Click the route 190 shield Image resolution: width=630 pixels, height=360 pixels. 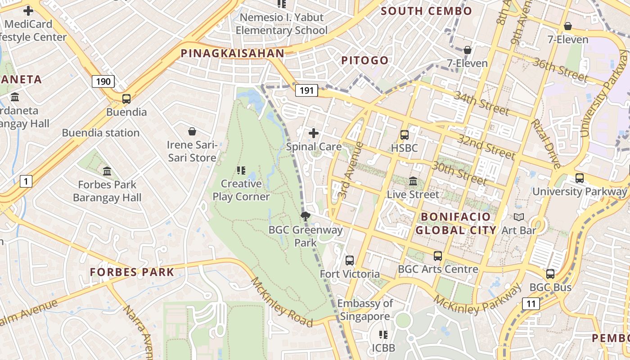(103, 81)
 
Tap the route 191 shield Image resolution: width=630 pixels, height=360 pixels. (306, 90)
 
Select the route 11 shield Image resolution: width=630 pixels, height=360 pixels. (531, 304)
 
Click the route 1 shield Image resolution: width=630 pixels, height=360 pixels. (26, 181)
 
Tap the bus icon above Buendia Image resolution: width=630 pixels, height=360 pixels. (126, 99)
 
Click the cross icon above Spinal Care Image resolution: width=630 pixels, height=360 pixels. (314, 133)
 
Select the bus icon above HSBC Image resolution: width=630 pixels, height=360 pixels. (405, 135)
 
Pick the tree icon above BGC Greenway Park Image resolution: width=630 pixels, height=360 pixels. (306, 216)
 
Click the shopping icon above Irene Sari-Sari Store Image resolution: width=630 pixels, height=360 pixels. (192, 131)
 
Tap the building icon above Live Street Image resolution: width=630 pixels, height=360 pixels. (413, 181)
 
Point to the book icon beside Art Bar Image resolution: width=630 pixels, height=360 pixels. (519, 217)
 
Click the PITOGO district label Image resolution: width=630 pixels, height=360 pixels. (364, 60)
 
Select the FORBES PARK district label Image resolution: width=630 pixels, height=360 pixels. (132, 272)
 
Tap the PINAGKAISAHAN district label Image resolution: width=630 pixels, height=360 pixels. (233, 53)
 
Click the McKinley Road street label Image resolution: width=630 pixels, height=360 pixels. (281, 302)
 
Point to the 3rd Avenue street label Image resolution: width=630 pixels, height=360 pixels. (351, 171)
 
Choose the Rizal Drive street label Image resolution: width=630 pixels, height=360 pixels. (545, 144)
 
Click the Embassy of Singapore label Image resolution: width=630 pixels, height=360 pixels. (365, 310)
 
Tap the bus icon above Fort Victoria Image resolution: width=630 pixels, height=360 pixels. (350, 260)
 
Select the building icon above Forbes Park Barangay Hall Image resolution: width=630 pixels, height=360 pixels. (107, 171)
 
